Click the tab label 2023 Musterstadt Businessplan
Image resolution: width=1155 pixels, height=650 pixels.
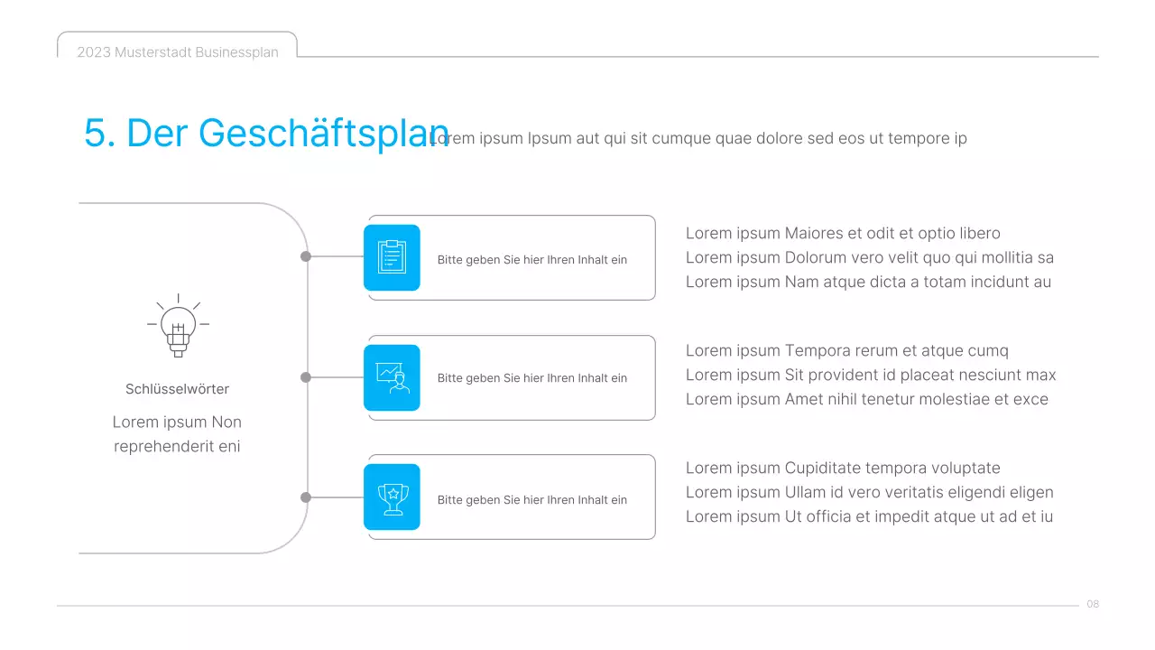tap(178, 52)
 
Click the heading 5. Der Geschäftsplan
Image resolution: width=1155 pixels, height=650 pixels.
tap(265, 133)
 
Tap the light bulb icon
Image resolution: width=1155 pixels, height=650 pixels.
tap(178, 326)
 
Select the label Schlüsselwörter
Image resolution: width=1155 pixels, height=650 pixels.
tap(177, 389)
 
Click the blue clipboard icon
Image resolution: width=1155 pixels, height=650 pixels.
tap(392, 257)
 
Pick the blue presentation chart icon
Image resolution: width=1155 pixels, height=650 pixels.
tap(392, 377)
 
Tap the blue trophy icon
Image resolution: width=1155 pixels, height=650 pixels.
tap(392, 497)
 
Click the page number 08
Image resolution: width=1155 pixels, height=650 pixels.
tap(1093, 604)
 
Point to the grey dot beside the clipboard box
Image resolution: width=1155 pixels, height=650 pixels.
tap(306, 256)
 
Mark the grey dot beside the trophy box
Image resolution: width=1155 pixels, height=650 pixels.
tap(306, 497)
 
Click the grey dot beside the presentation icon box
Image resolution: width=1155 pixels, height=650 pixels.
tap(306, 377)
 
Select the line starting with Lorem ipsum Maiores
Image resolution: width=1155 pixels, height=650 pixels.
tap(843, 234)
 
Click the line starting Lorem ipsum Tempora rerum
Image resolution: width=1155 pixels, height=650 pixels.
tap(846, 351)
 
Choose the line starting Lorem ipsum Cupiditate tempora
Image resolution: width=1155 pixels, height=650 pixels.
tap(843, 469)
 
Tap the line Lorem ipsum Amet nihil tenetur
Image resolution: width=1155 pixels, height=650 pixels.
tap(866, 399)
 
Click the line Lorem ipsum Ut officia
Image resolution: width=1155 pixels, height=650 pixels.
tap(869, 517)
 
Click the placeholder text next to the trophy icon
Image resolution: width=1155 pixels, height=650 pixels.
tap(531, 500)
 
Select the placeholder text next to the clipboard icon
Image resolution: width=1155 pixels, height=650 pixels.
tap(531, 260)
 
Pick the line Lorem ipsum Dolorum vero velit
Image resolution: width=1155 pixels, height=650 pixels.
tap(869, 257)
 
